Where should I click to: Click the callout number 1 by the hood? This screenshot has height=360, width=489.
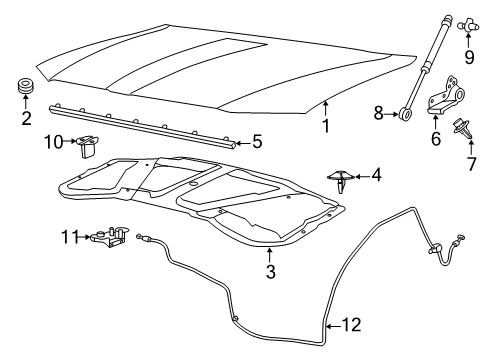click(x=325, y=127)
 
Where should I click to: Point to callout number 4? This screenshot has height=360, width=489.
click(x=376, y=176)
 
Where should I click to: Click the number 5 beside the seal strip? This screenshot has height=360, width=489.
click(x=257, y=142)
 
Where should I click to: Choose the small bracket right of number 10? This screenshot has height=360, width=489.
click(x=87, y=146)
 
